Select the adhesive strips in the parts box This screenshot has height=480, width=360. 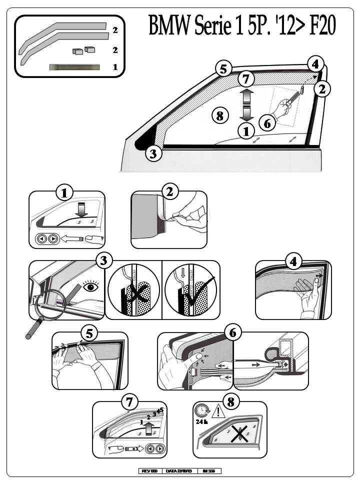tap(74, 67)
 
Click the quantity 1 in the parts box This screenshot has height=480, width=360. tap(115, 66)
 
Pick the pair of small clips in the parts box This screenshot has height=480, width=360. tap(83, 50)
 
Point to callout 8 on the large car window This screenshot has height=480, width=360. tap(220, 115)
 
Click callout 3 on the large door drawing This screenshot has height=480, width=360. tap(154, 153)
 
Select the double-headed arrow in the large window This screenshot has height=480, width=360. tap(245, 104)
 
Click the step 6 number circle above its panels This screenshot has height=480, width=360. tap(232, 332)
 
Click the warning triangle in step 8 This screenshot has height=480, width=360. tap(218, 411)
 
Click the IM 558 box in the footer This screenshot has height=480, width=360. tap(209, 471)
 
